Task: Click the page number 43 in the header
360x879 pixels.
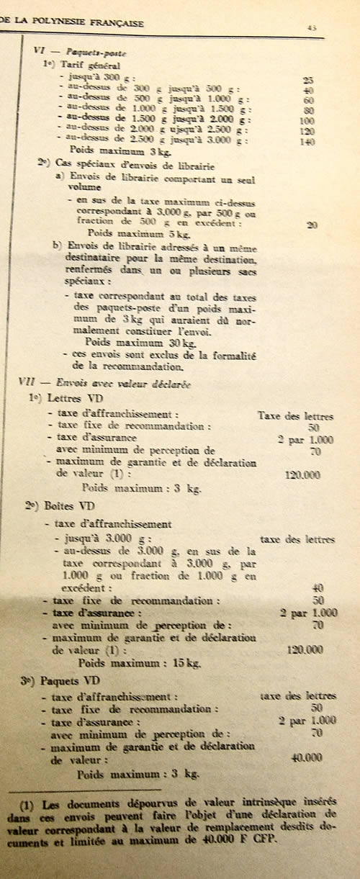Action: pyautogui.click(x=312, y=27)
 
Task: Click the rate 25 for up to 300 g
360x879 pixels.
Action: pyautogui.click(x=308, y=79)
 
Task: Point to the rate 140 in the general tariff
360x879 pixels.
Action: pyautogui.click(x=308, y=142)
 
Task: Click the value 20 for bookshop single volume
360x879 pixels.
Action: pyautogui.click(x=311, y=225)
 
